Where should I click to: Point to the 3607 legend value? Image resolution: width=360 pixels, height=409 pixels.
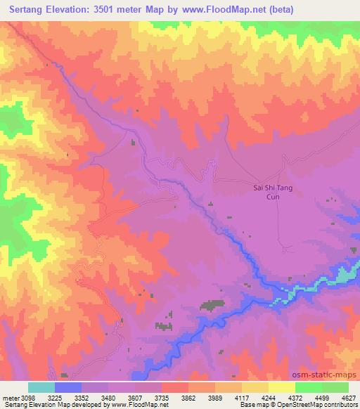pos(134,397)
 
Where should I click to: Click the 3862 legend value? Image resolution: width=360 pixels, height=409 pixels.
pos(188,397)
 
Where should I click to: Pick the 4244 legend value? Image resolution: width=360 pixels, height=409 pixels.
pos(269,397)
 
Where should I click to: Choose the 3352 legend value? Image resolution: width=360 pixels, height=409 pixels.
pos(81,397)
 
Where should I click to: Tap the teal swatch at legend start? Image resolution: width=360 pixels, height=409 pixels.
pos(41,387)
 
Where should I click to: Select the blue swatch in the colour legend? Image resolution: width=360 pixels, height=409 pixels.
pos(68,387)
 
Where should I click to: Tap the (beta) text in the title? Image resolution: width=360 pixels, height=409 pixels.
pos(276,10)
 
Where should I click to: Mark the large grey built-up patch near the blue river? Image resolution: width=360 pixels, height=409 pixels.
pos(212,305)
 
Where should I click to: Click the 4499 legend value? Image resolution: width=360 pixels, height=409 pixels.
pos(322,397)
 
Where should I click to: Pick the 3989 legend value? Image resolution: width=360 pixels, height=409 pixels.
pos(215,397)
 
